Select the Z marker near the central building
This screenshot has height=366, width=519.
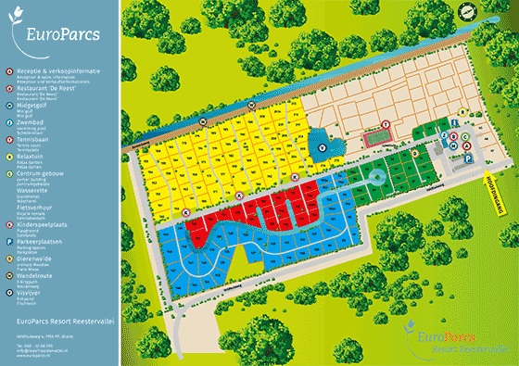445,135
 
